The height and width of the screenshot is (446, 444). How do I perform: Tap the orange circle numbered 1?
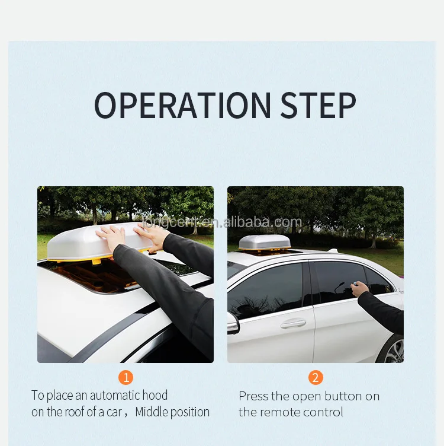pyautogui.click(x=126, y=377)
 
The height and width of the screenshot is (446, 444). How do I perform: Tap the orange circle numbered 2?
pyautogui.click(x=316, y=377)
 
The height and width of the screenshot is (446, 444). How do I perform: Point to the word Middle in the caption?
pyautogui.click(x=153, y=412)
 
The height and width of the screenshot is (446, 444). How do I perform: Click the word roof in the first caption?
pyautogui.click(x=74, y=412)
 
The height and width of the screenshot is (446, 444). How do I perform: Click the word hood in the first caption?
pyautogui.click(x=155, y=396)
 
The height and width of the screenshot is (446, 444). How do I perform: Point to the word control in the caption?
pyautogui.click(x=324, y=412)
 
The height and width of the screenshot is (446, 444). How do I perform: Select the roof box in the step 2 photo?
pyautogui.click(x=264, y=243)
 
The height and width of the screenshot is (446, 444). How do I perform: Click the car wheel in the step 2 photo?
pyautogui.click(x=394, y=350)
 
